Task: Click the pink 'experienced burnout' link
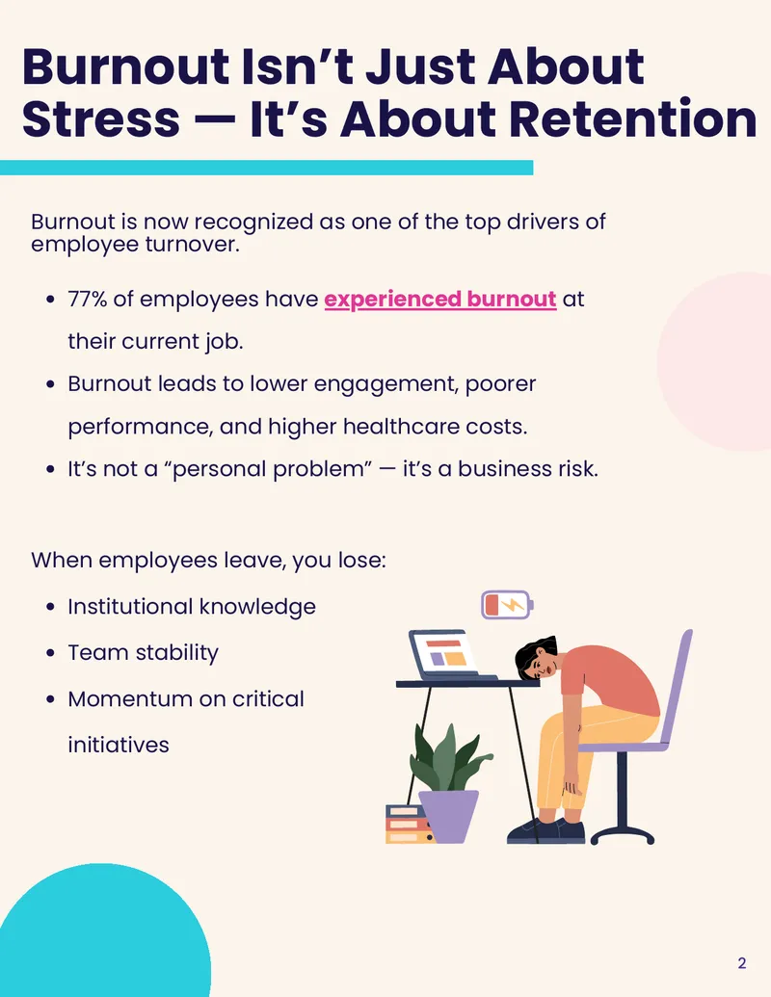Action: tap(440, 300)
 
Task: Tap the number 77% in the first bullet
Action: tap(87, 299)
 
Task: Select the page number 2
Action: tap(742, 962)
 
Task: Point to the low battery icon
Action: tap(507, 605)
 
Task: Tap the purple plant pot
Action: tap(448, 816)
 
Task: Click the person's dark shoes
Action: tap(545, 830)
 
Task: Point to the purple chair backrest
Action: tap(676, 687)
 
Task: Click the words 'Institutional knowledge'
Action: tap(192, 607)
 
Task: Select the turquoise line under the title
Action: tap(267, 168)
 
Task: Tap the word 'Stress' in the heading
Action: tap(101, 118)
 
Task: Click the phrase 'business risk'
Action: tap(528, 468)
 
